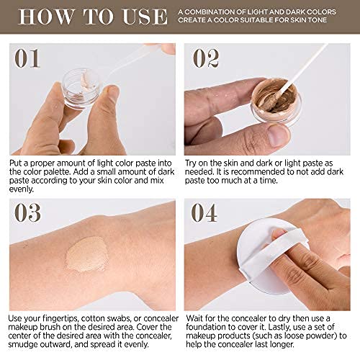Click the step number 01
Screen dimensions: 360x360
pyautogui.click(x=27, y=58)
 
